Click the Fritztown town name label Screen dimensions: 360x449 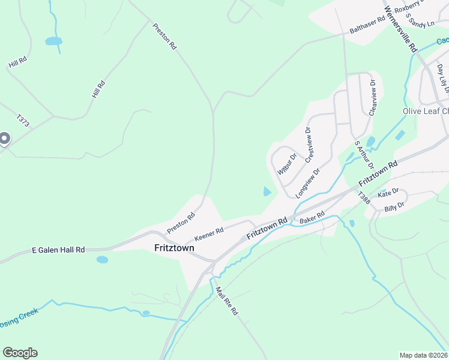tap(173, 247)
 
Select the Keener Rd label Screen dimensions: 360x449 tap(209, 230)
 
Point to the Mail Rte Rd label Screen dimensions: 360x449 tap(228, 301)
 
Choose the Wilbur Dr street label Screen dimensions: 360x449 tap(288, 164)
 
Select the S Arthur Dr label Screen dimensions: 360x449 tap(364, 155)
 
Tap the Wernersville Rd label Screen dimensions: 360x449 tap(400, 29)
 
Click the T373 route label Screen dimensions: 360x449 tap(23, 121)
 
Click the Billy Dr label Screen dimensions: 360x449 tap(394, 205)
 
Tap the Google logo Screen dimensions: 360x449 tap(20, 353)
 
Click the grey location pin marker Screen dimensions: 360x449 tap(4, 139)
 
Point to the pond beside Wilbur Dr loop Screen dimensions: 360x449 tap(266, 192)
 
